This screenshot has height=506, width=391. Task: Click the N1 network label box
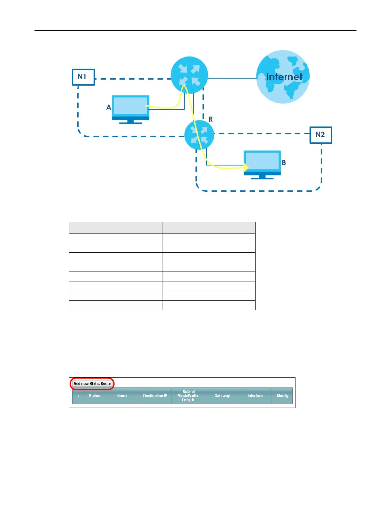[83, 77]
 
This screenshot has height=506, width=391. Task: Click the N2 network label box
[321, 135]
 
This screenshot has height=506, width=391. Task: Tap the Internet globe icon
[283, 77]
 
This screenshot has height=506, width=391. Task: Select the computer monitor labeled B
[262, 164]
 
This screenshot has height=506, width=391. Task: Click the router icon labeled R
[199, 135]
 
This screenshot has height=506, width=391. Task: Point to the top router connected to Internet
[189, 75]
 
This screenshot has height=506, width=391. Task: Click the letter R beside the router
[211, 119]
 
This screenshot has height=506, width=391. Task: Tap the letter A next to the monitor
[109, 108]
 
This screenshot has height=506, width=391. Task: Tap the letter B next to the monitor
[284, 163]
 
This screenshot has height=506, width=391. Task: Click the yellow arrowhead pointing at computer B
[246, 167]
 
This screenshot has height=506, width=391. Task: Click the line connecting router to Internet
[232, 78]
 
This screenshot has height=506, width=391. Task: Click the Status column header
[95, 396]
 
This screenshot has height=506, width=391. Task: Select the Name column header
[122, 396]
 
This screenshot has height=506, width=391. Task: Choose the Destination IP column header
[155, 396]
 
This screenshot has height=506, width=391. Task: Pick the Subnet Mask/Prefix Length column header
[188, 396]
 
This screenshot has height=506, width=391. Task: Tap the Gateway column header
[222, 396]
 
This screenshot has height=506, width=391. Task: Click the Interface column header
[255, 396]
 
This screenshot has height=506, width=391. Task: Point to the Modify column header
[282, 396]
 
